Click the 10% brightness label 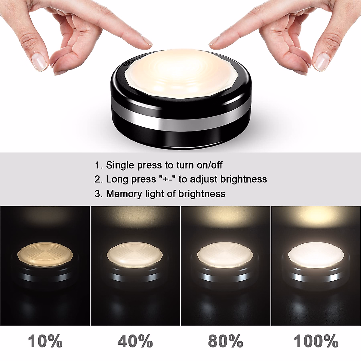coord(45,341)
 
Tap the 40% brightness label coord(135,341)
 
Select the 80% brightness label coord(226,341)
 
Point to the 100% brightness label coord(316,341)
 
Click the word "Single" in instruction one coord(120,165)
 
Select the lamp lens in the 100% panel coord(316,254)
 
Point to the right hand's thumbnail coord(321,62)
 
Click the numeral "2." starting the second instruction coord(99,180)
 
